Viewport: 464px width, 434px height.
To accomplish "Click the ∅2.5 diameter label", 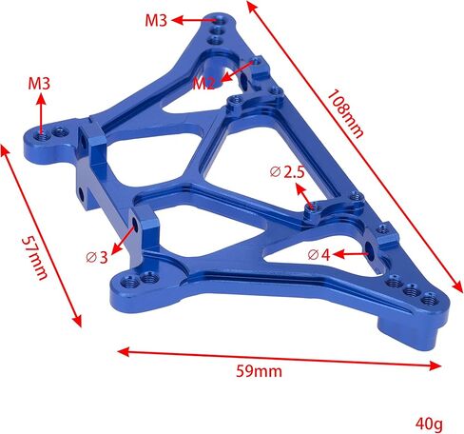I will (286, 171).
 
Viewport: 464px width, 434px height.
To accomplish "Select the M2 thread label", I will (203, 83).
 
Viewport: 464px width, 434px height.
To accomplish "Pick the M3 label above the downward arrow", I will (39, 84).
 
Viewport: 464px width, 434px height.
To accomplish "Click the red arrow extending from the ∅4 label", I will (352, 254).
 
